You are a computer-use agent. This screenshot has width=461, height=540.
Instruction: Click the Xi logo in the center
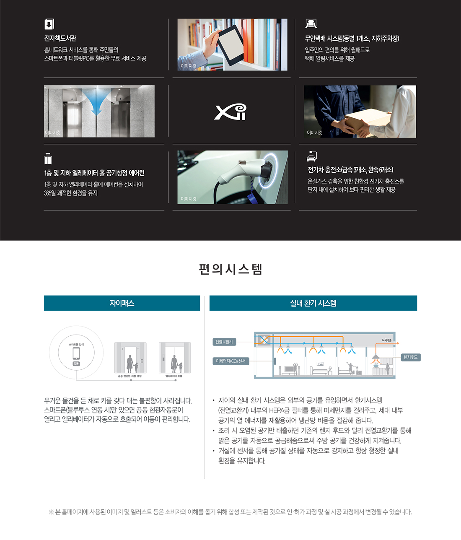tap(230, 112)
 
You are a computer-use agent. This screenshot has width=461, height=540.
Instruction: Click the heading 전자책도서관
tap(60, 38)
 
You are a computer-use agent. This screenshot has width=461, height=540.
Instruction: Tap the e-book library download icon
tap(49, 24)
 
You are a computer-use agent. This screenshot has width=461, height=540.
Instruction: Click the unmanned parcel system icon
tap(311, 24)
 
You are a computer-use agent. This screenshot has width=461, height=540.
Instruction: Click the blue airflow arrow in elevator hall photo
tap(99, 101)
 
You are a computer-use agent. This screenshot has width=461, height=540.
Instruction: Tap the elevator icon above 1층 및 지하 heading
tap(48, 159)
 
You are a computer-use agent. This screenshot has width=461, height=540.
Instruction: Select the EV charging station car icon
tap(311, 156)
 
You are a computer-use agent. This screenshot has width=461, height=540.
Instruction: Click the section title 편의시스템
tap(230, 269)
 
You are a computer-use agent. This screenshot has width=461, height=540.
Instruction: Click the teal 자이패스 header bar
tap(122, 303)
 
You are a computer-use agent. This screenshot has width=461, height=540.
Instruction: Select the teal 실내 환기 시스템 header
tap(313, 303)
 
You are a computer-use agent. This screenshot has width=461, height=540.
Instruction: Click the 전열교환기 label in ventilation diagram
tap(224, 342)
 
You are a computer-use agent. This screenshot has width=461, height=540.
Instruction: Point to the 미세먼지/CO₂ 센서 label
tap(230, 361)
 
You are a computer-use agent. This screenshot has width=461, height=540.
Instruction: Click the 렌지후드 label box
tap(410, 357)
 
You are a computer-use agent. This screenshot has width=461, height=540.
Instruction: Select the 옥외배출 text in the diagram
tap(386, 340)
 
